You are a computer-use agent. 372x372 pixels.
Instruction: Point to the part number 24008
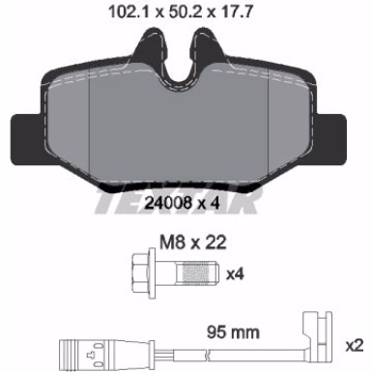coord(167,203)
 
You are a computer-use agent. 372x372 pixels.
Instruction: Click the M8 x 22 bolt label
coord(193,243)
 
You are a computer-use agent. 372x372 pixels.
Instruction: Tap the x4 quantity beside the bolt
coord(235,274)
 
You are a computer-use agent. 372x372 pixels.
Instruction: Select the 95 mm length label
coord(233,332)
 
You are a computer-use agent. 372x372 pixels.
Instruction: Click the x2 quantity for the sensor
coord(355,346)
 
